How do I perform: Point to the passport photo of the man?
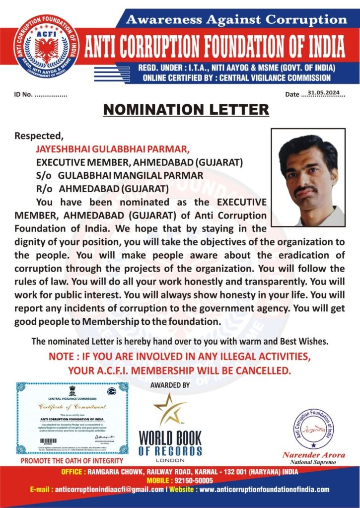pyautogui.click(x=308, y=177)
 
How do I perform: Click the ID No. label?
pyautogui.click(x=24, y=94)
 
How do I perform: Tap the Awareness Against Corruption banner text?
pyautogui.click(x=236, y=20)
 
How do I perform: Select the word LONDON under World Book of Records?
pyautogui.click(x=170, y=460)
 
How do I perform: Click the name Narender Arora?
pyautogui.click(x=309, y=455)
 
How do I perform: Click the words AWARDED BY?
pyautogui.click(x=169, y=385)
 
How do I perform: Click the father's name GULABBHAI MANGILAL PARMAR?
pyautogui.click(x=131, y=175)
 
